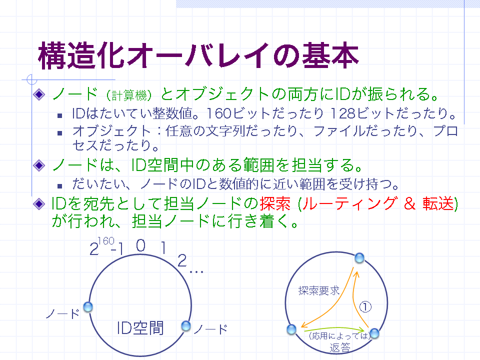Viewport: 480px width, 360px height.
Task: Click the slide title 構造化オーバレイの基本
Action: (198, 55)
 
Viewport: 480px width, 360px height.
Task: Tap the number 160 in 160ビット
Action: (218, 113)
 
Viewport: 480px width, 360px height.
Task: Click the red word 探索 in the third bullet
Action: (275, 203)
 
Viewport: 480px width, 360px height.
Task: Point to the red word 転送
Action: (438, 203)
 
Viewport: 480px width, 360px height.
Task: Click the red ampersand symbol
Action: (409, 203)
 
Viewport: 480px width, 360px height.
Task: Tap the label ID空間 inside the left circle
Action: (140, 328)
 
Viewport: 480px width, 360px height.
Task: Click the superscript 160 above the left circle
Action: (106, 241)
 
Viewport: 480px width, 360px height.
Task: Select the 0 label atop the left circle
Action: (140, 245)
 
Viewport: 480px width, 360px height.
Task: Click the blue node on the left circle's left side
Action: (88, 307)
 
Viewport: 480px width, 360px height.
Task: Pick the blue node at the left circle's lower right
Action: (186, 326)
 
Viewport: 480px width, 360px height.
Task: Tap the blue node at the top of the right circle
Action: (359, 258)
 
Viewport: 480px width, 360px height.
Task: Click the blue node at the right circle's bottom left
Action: (291, 329)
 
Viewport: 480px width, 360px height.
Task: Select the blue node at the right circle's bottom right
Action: (374, 333)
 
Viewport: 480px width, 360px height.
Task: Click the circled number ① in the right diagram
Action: (365, 306)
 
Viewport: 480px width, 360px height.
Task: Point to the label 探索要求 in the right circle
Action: (319, 290)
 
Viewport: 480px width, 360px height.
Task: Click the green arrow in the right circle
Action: (333, 329)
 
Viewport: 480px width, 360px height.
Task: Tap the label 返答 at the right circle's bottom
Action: (340, 348)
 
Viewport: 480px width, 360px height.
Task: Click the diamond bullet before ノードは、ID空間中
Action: (39, 165)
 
